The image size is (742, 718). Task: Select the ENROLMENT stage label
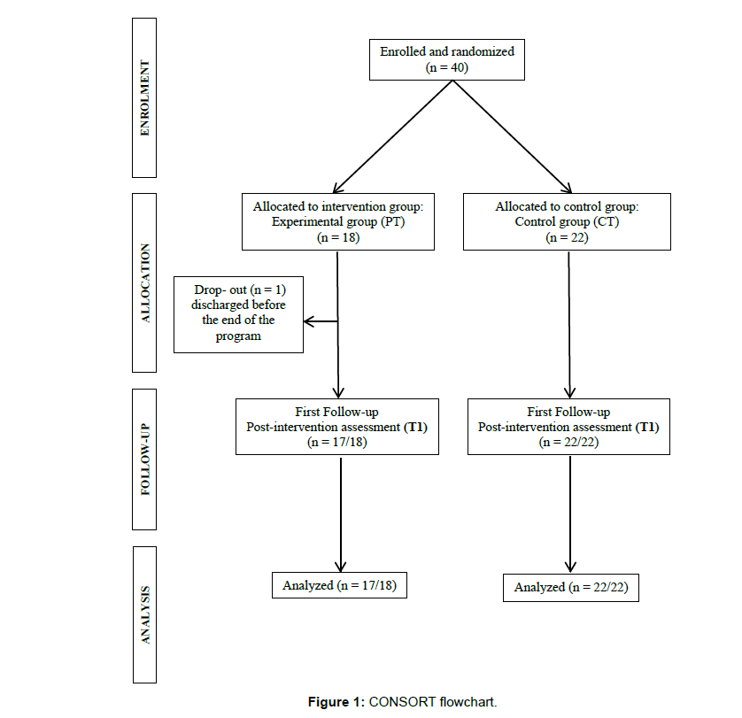point(144,98)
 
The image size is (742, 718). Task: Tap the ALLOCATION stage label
point(144,282)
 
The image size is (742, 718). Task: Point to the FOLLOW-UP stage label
point(144,459)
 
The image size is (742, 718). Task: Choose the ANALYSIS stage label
point(145,614)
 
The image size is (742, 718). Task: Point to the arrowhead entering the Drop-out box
point(305,321)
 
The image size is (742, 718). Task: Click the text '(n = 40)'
point(447,67)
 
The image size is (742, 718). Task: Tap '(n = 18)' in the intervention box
point(338,237)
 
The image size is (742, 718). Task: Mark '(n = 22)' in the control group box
point(567,237)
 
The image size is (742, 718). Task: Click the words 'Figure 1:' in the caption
point(336,701)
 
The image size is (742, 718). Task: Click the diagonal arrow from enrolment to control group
point(513,137)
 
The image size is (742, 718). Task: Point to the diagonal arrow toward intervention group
point(393,137)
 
